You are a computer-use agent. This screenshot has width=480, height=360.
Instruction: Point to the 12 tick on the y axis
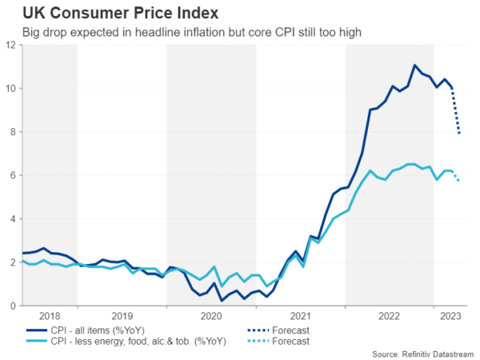(10, 45)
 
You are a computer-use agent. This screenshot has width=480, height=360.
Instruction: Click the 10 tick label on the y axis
(10, 88)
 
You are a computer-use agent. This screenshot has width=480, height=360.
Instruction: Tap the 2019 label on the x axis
(122, 316)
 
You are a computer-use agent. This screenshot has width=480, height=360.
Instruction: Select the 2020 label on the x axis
(210, 316)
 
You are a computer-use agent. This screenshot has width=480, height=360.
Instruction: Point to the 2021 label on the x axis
(299, 316)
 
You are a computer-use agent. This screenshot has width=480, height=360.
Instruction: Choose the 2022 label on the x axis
(388, 316)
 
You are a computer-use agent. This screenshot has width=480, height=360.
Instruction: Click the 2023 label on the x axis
(450, 316)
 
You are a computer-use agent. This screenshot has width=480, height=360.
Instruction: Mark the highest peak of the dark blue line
(415, 66)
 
